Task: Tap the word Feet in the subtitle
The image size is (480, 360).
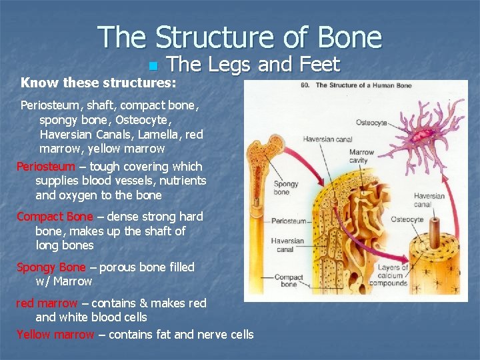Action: click(320, 65)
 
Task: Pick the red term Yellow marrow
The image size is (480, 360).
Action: click(55, 335)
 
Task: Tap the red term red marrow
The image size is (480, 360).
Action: click(47, 303)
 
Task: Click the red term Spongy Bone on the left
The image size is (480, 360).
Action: click(51, 267)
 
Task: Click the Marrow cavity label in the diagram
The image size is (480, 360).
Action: click(361, 156)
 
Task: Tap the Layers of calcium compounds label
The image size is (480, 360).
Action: click(393, 275)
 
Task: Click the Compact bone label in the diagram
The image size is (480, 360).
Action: click(289, 281)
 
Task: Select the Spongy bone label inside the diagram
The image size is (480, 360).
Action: click(285, 188)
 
